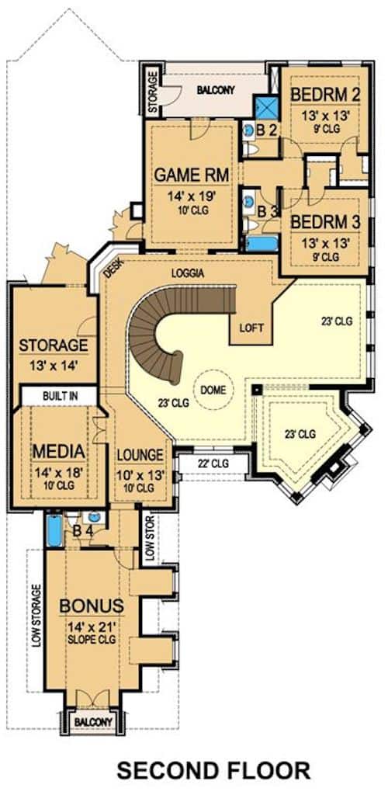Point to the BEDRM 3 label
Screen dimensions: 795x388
325,222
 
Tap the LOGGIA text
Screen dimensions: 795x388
189,273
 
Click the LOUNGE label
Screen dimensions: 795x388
140,455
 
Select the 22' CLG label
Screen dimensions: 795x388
214,465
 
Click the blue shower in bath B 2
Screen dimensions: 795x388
268,107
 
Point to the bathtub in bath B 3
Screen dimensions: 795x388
262,244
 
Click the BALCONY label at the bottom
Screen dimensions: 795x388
92,722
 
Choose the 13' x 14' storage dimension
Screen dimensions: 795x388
53,363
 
